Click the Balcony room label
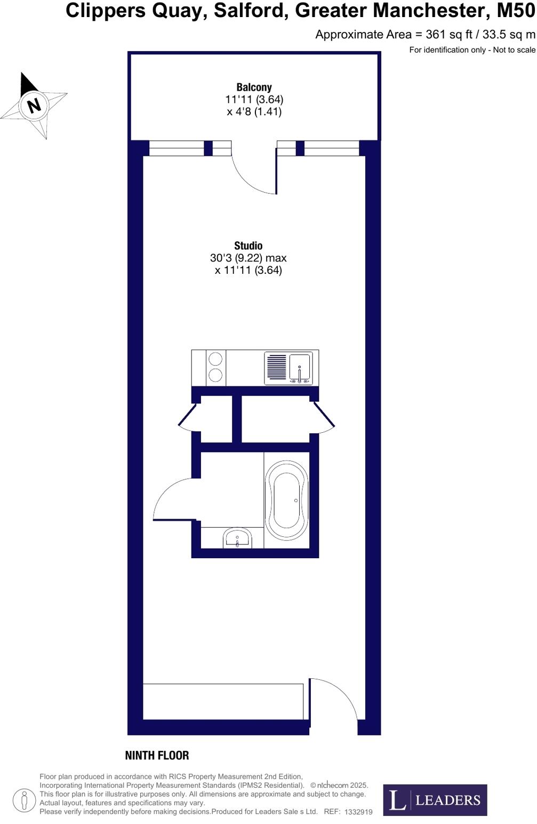tap(254, 87)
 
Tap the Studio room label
tap(249, 245)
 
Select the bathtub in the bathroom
tap(287, 501)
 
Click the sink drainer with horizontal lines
tap(276, 367)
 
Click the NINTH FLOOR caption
tap(157, 755)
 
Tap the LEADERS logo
tap(435, 799)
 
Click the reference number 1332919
tap(358, 812)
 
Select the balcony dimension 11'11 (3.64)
tap(254, 99)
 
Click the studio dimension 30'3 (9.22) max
tap(248, 258)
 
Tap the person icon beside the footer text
tap(23, 801)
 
